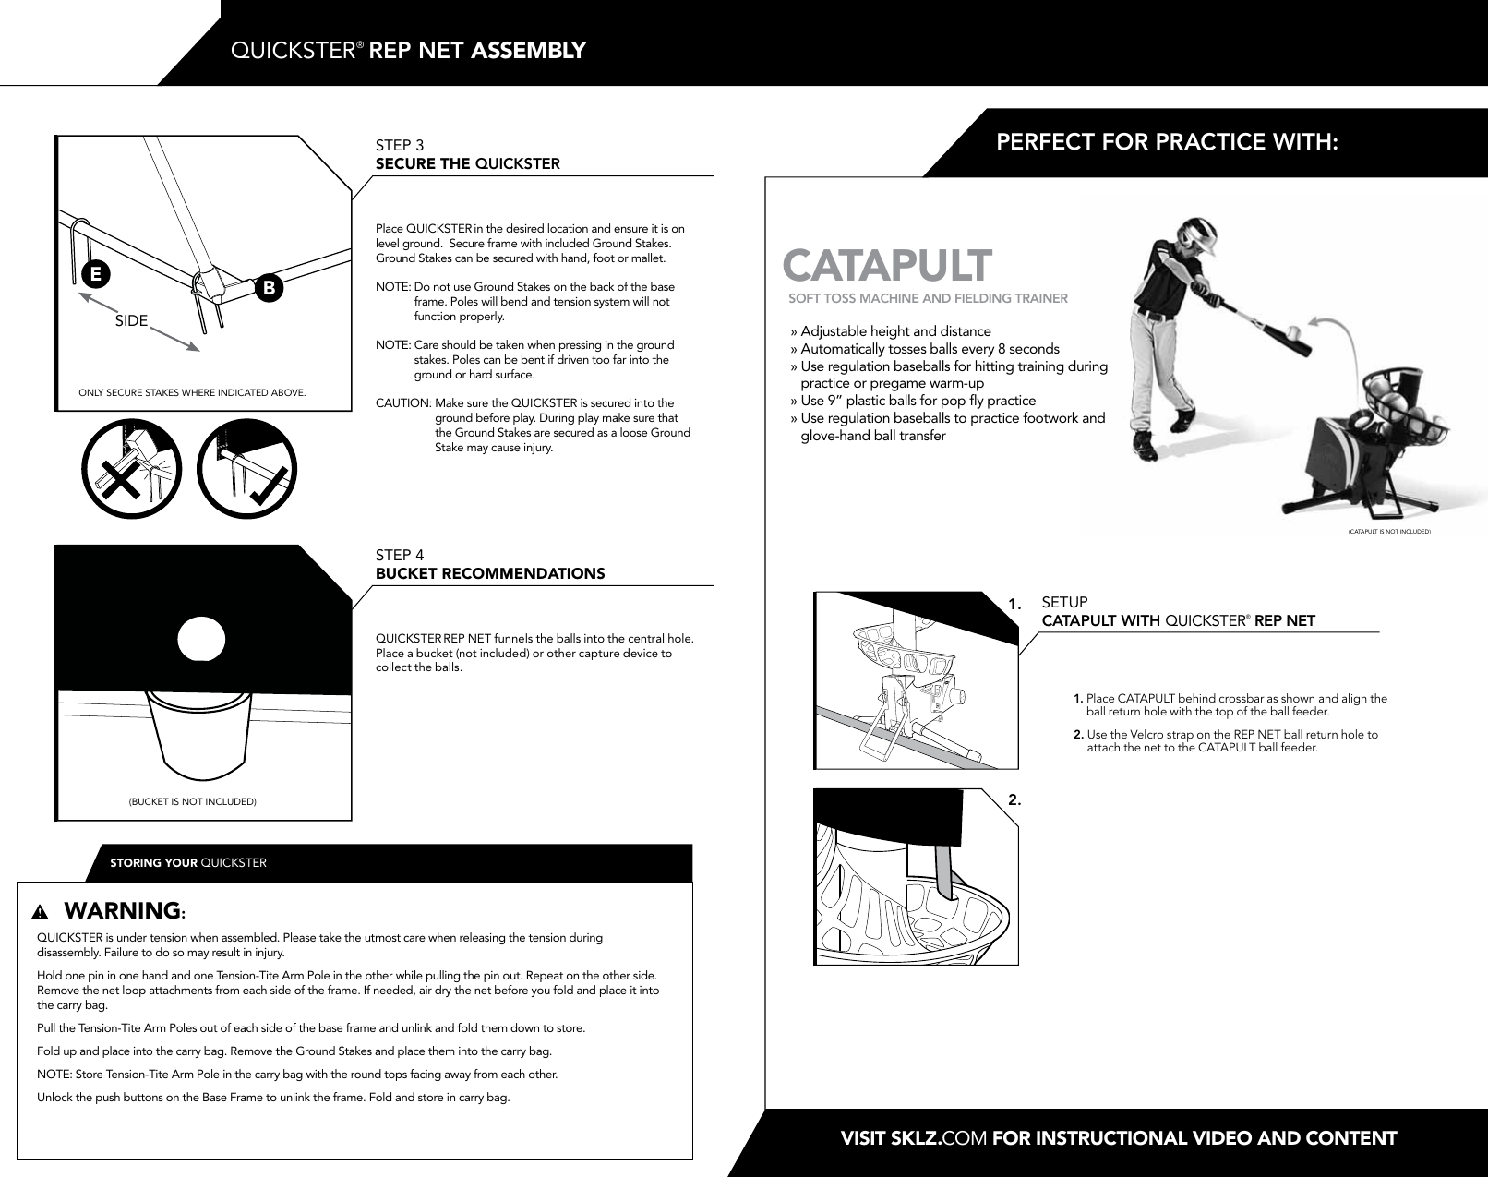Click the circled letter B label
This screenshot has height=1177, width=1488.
(x=269, y=288)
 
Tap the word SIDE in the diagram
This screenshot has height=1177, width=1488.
(x=131, y=320)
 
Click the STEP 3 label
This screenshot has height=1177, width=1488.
(x=400, y=145)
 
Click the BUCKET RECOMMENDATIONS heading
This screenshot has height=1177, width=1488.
(x=490, y=573)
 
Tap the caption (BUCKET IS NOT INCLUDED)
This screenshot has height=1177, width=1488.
(x=192, y=801)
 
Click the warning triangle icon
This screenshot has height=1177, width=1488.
(x=39, y=912)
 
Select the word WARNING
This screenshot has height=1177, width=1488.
(x=122, y=910)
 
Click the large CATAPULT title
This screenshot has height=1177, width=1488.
(x=887, y=265)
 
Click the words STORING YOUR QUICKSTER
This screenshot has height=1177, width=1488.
(x=188, y=863)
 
